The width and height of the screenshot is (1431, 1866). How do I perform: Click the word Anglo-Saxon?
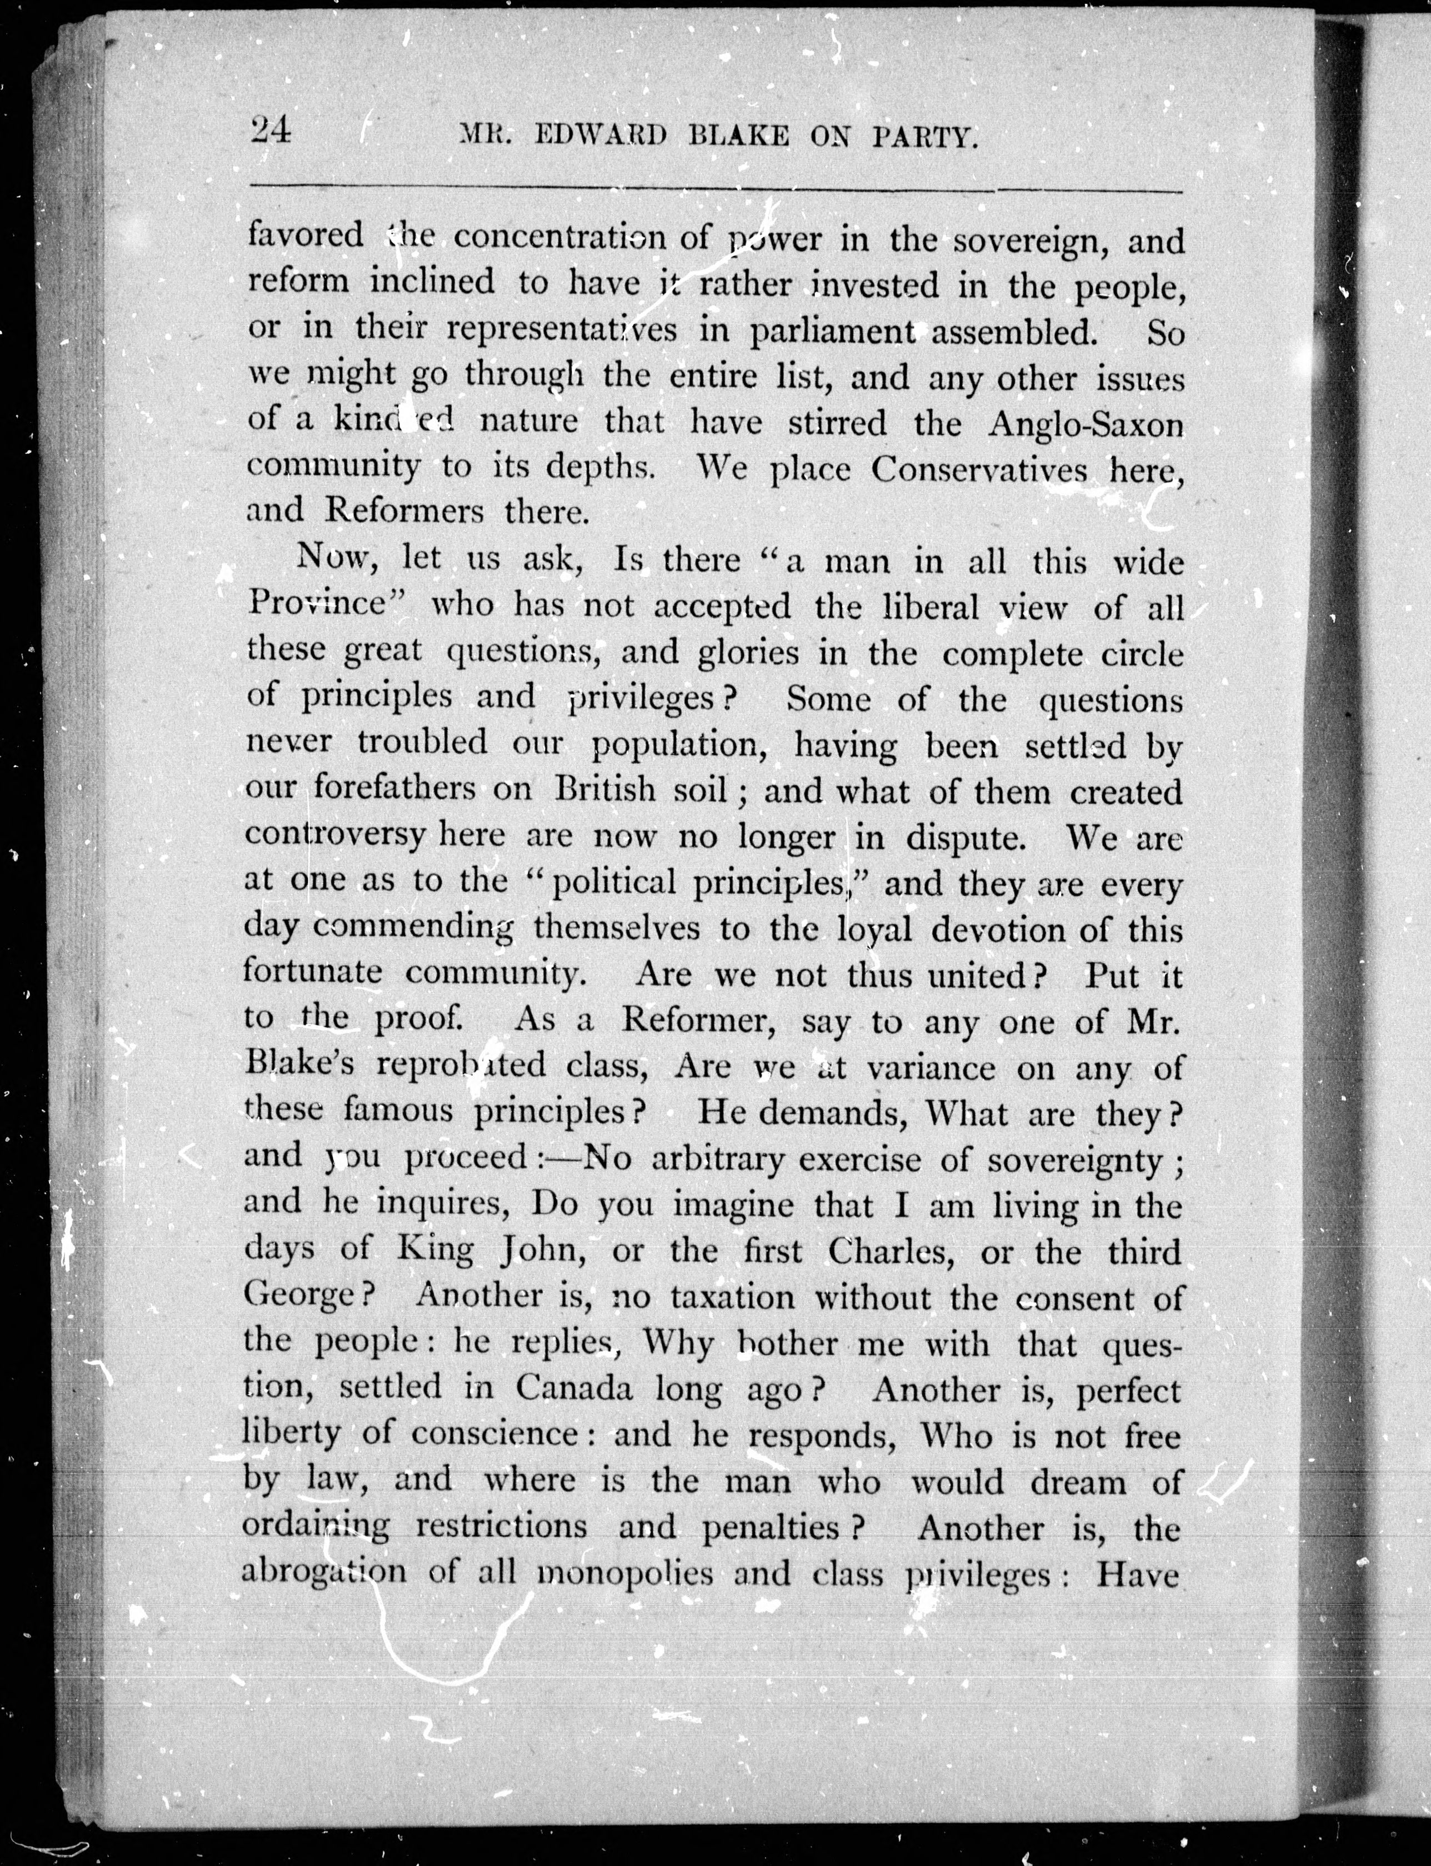point(1086,423)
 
